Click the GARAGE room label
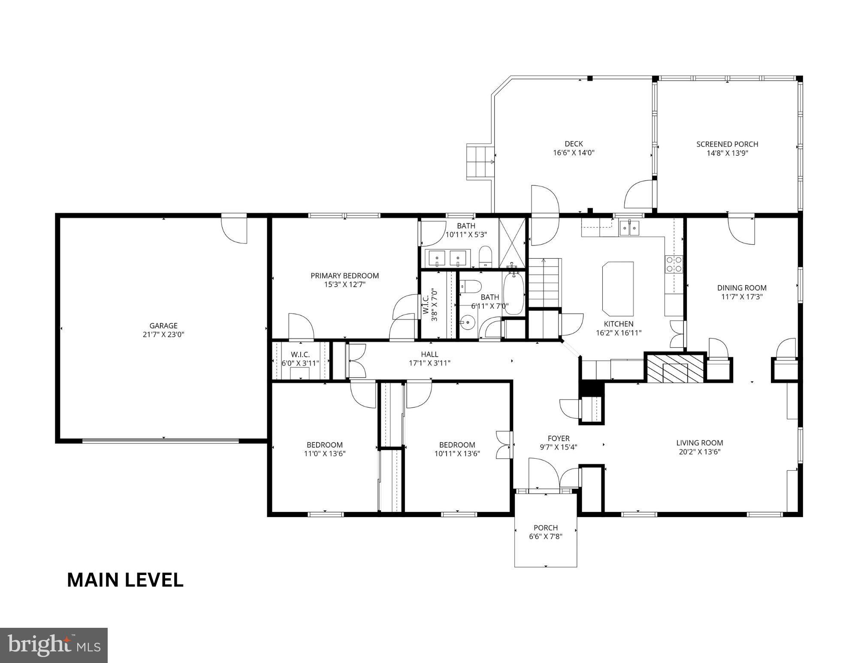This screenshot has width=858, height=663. tap(163, 326)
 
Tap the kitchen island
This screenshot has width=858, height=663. tap(618, 289)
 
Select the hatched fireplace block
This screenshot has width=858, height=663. tap(675, 368)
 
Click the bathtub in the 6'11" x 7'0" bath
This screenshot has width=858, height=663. tap(513, 292)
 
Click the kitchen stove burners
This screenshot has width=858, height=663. tap(674, 264)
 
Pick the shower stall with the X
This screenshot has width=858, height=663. tap(512, 243)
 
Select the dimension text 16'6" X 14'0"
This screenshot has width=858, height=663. tap(574, 153)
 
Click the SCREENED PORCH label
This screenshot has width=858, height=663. tap(727, 144)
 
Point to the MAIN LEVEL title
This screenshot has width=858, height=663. tap(125, 580)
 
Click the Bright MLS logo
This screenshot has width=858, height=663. tap(54, 645)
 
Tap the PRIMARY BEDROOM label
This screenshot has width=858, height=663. tap(344, 275)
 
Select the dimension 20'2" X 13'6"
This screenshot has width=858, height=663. tap(699, 451)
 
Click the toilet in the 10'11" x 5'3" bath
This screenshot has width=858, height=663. tap(485, 256)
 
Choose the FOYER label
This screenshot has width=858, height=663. tap(558, 438)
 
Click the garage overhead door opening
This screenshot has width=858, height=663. tap(160, 440)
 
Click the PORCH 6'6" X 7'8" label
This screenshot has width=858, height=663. tap(546, 532)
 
